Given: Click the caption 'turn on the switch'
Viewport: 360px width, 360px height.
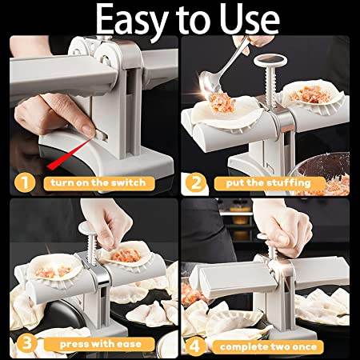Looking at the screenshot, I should click(x=98, y=183).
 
